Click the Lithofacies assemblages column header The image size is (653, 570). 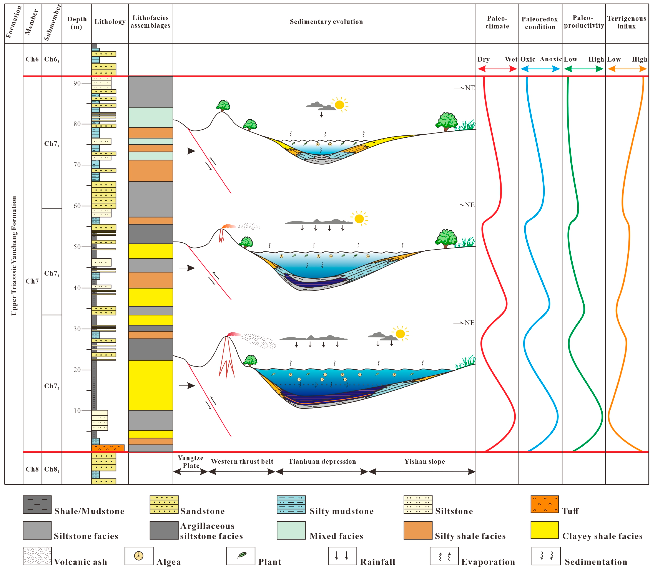(150, 22)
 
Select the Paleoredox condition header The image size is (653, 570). (540, 23)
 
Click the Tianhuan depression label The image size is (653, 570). (322, 462)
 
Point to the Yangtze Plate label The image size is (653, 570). (190, 462)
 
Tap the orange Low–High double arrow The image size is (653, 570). (627, 69)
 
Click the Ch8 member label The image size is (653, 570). (32, 469)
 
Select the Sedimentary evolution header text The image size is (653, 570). (326, 22)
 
